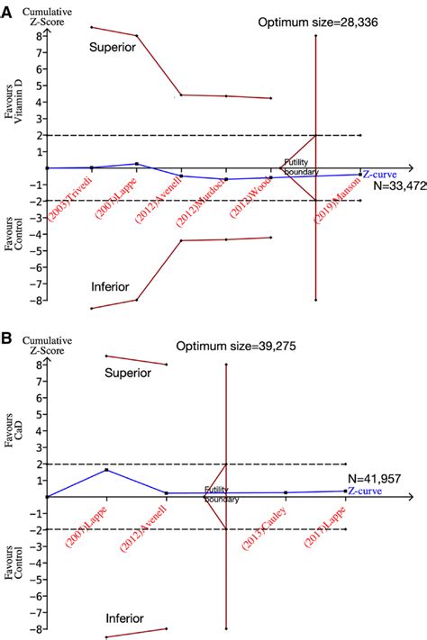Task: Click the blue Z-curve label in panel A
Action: (x=383, y=174)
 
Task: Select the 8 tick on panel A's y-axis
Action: (x=40, y=36)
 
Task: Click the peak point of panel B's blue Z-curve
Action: (x=107, y=470)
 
